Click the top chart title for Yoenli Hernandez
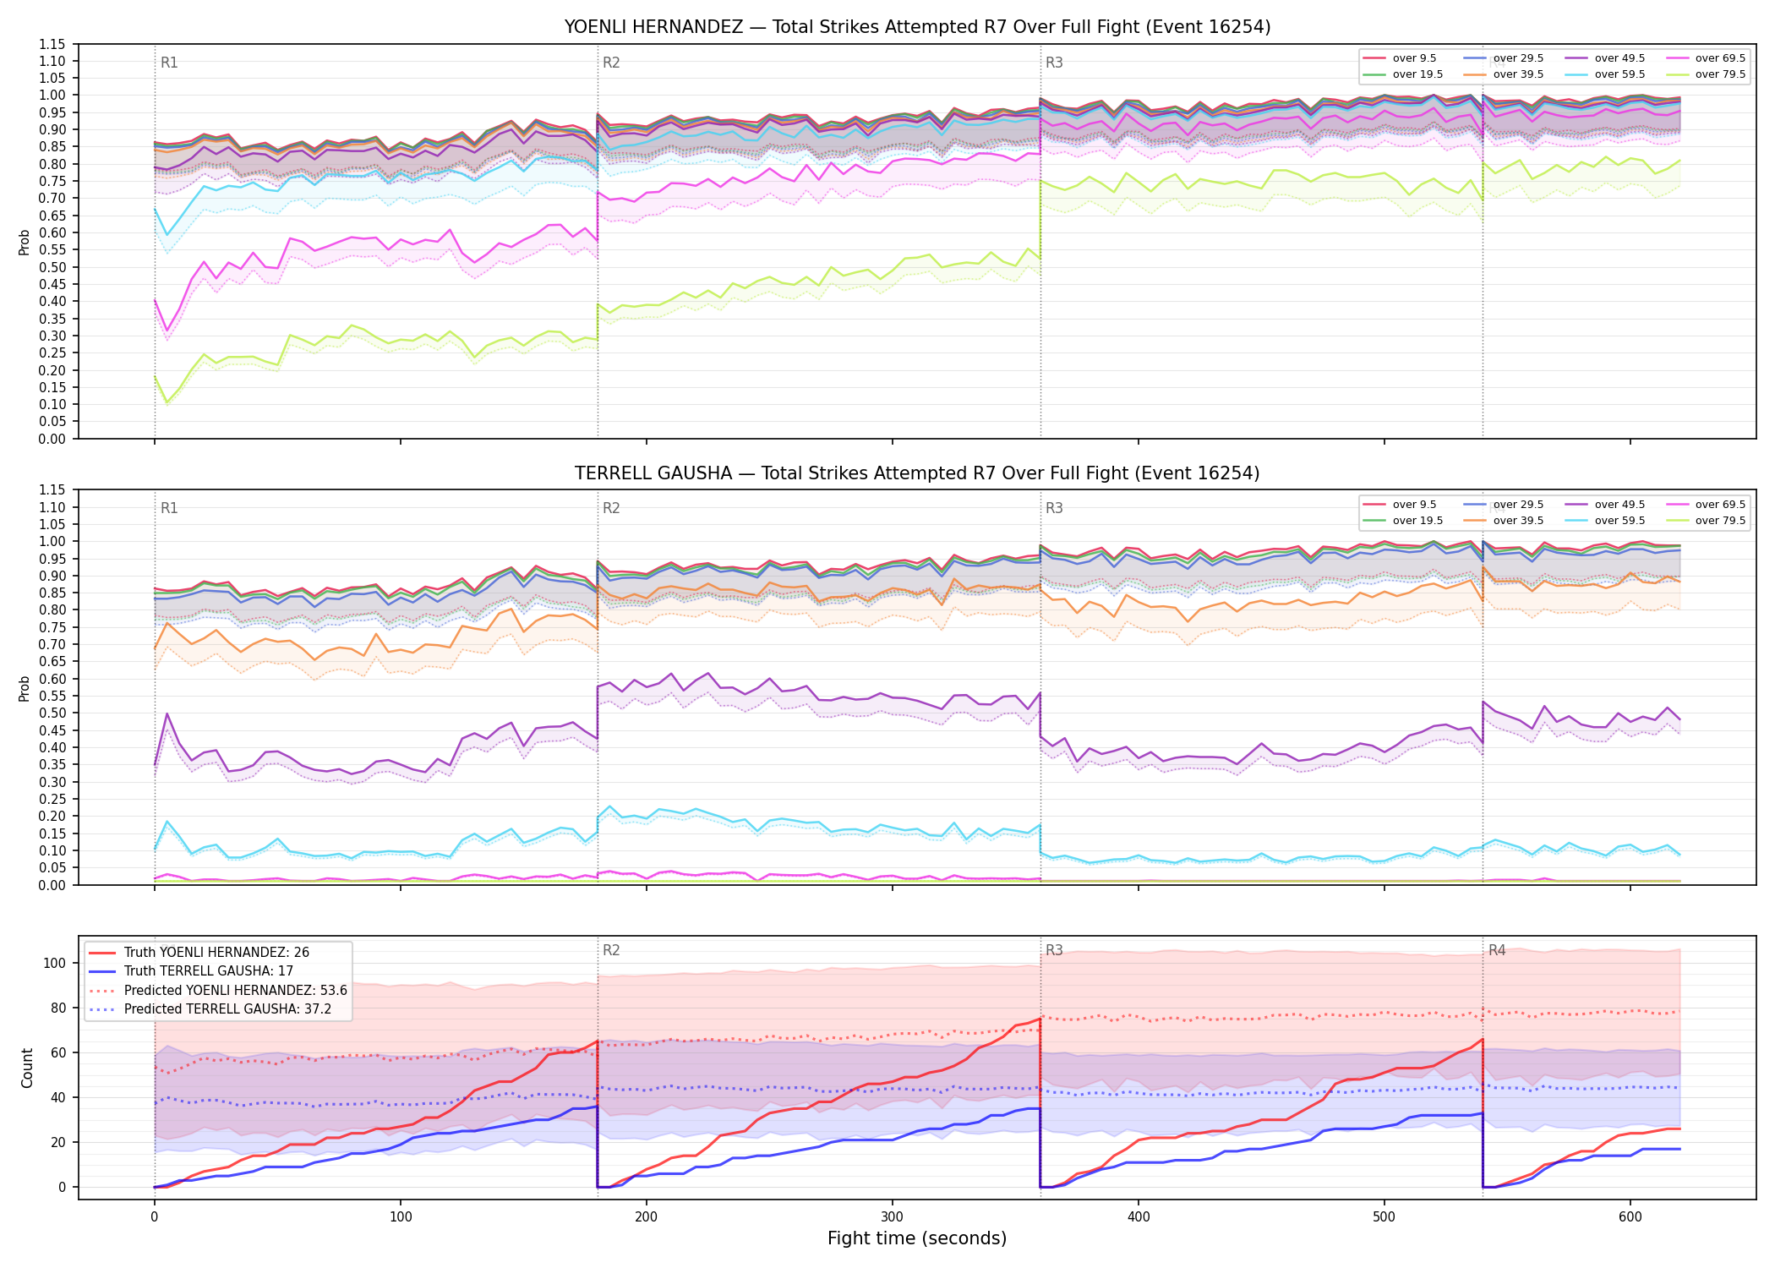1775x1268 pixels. (917, 27)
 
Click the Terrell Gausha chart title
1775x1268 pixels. (917, 473)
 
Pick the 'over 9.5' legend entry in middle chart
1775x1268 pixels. (1400, 505)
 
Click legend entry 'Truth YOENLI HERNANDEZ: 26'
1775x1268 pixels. (199, 953)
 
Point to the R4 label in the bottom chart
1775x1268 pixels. (1497, 950)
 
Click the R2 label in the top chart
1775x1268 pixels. (611, 63)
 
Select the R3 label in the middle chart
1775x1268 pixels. (1054, 508)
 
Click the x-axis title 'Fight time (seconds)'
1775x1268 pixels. (917, 1238)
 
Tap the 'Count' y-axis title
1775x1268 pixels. (27, 1068)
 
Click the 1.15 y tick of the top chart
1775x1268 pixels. (52, 44)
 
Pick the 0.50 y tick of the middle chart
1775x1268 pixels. (52, 713)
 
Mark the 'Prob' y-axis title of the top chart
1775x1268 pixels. (25, 242)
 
